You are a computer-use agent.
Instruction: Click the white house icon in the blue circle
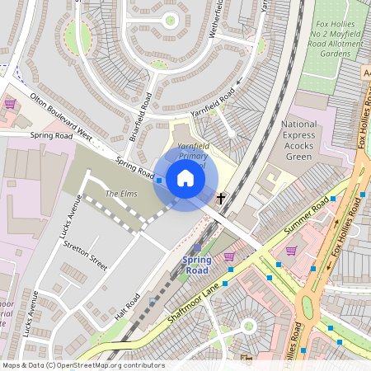coord(185,178)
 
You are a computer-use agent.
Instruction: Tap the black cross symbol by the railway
coord(220,198)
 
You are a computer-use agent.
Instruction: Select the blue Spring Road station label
coord(196,265)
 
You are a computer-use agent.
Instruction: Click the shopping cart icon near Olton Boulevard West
coord(10,104)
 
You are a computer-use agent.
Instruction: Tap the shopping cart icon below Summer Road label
coord(290,250)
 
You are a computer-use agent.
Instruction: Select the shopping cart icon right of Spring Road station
coord(228,256)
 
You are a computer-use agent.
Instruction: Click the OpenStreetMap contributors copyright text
coord(82,365)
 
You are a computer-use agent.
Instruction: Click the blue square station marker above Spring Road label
coord(196,247)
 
